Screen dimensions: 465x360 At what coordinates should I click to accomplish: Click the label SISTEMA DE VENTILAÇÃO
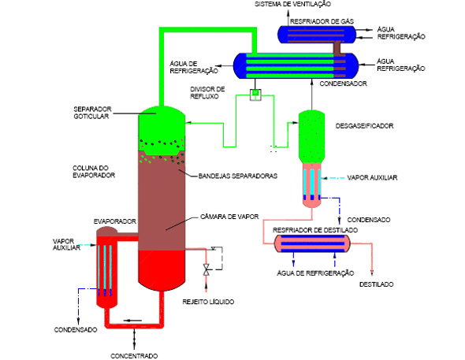pos(292,4)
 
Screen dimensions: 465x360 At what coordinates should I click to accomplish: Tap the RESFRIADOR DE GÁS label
pos(322,21)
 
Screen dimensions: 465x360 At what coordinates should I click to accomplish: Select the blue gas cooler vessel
pos(317,35)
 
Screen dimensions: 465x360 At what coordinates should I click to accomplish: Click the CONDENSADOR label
pos(343,84)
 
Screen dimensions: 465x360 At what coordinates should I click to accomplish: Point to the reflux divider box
pos(255,95)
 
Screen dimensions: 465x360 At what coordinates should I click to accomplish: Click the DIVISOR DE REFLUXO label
pos(207,93)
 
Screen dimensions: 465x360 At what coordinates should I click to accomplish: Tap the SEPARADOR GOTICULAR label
pos(92,113)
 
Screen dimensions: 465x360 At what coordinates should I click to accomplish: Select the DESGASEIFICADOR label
pos(364,126)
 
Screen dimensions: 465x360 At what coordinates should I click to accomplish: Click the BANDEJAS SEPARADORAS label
pos(238,176)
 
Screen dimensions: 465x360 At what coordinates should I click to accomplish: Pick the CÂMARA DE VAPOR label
pos(229,217)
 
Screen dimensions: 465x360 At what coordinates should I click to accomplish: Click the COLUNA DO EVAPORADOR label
pos(94,172)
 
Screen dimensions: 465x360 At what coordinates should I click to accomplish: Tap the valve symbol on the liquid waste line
pos(206,269)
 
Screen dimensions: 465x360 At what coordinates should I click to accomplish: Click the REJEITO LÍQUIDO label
pos(208,302)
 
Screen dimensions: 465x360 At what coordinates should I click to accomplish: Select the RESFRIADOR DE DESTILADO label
pos(315,230)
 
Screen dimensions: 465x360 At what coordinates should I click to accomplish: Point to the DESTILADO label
pos(376,284)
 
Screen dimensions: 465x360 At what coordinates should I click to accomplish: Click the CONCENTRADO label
pos(134,356)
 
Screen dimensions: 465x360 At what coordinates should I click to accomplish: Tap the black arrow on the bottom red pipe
pos(132,321)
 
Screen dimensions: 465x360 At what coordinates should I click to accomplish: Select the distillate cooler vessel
pos(312,243)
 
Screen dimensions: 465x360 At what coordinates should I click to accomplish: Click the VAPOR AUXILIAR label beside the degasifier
pos(372,178)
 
